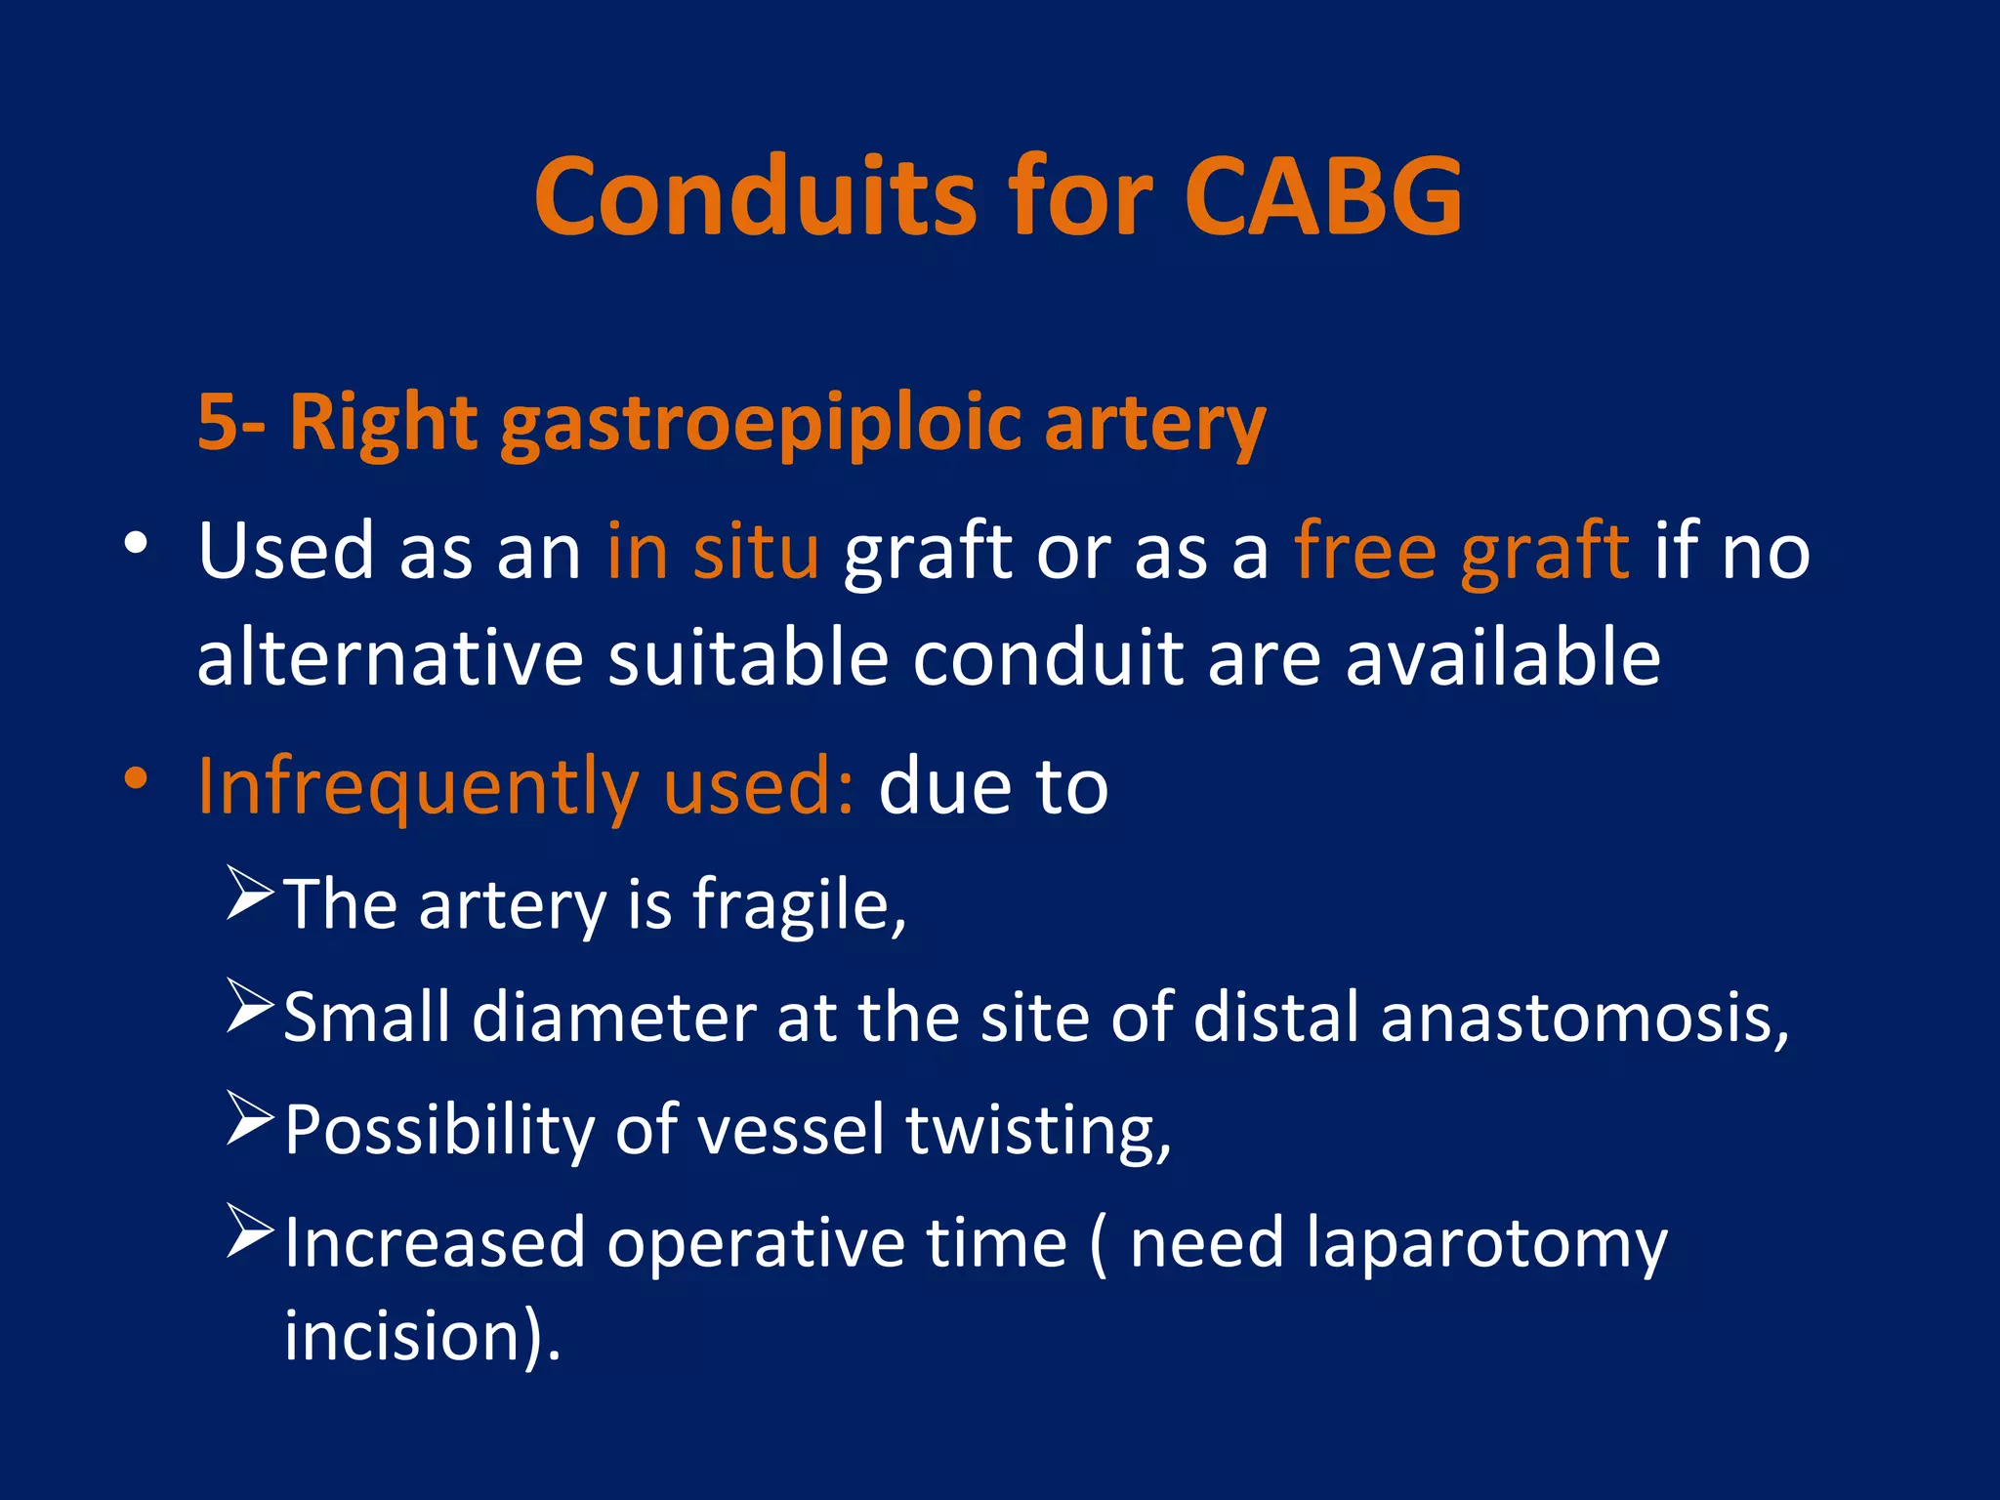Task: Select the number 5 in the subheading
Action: click(x=217, y=422)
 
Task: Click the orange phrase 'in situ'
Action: click(x=712, y=552)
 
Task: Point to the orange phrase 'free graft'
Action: click(x=1461, y=552)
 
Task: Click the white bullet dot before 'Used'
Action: click(x=136, y=543)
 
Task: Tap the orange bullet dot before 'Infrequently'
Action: click(x=136, y=778)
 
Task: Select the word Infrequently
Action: click(x=417, y=787)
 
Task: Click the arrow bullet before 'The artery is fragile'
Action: click(x=249, y=893)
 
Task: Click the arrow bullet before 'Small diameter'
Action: click(x=249, y=1005)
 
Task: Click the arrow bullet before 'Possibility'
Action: click(x=249, y=1118)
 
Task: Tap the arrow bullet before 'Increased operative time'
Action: click(x=249, y=1230)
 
